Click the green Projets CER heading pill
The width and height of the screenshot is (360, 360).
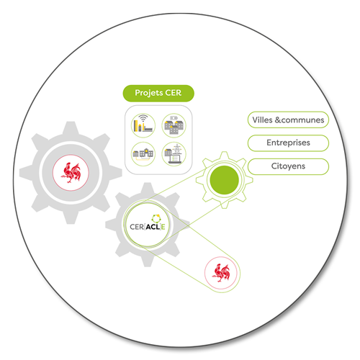click(158, 93)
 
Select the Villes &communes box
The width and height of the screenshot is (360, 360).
click(288, 120)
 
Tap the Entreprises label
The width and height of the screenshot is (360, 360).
click(288, 143)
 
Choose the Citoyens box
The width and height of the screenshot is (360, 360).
click(288, 166)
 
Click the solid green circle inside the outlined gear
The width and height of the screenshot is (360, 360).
click(224, 180)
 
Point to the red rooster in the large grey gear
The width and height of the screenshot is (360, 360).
click(71, 173)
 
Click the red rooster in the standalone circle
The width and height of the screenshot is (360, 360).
click(221, 273)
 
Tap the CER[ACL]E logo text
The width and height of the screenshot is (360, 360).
click(148, 227)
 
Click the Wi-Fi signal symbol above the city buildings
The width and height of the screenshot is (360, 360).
click(143, 118)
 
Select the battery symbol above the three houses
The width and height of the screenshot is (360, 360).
click(174, 118)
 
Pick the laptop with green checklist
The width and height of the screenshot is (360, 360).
click(175, 159)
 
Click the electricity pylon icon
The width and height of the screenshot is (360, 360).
click(177, 148)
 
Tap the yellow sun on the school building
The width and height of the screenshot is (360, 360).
click(146, 150)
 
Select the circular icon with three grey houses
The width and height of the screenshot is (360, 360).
click(174, 125)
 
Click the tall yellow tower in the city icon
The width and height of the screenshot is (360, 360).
click(135, 125)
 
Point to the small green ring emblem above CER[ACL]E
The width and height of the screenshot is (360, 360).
click(156, 219)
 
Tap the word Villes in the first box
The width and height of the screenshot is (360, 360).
click(262, 120)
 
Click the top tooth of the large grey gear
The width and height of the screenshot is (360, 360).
click(71, 128)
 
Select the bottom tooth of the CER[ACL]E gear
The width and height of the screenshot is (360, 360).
click(148, 260)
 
